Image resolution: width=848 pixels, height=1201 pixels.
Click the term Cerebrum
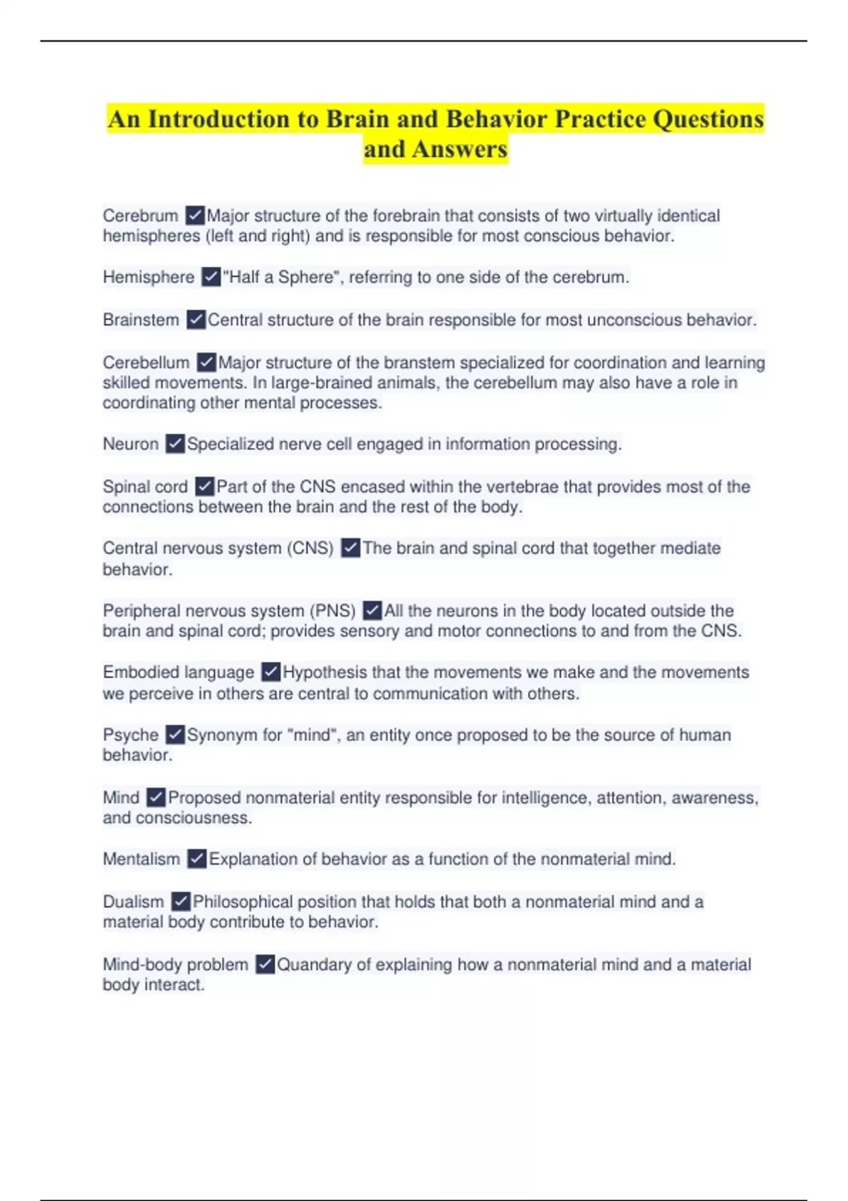point(140,215)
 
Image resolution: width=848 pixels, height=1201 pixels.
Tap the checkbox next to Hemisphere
point(211,277)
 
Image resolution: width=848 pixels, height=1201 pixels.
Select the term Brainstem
point(141,320)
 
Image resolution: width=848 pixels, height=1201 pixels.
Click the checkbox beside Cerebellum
point(206,362)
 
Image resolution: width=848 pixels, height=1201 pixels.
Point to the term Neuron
point(131,444)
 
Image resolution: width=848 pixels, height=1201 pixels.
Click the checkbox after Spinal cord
point(204,487)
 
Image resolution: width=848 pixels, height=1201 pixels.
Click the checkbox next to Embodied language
point(271,672)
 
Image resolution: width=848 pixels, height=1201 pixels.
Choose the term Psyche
point(131,735)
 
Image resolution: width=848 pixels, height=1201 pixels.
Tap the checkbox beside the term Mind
point(155,798)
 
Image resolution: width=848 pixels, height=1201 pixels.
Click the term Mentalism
point(141,859)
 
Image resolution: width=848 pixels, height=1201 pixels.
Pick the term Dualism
point(133,902)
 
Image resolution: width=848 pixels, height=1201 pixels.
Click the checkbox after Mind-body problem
point(265,964)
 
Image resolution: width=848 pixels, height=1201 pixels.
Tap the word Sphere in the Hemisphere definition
point(305,277)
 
